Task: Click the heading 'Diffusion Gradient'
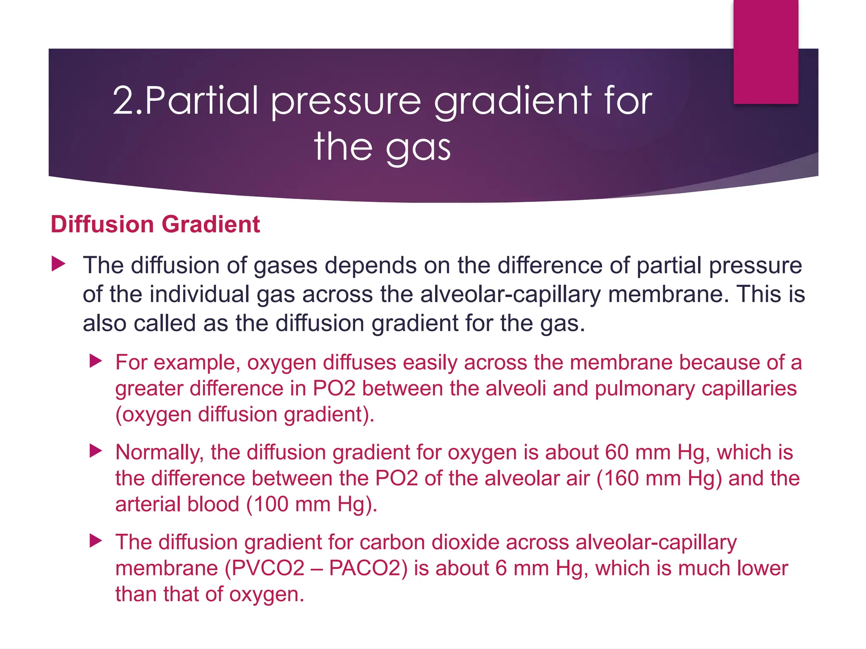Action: pyautogui.click(x=155, y=224)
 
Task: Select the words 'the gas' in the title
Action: pyautogui.click(x=382, y=146)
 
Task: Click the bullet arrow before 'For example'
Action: pyautogui.click(x=96, y=361)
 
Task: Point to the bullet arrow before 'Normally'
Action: pyautogui.click(x=96, y=451)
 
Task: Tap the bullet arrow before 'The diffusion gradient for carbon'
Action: pyautogui.click(x=96, y=541)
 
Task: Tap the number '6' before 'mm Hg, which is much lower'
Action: pyautogui.click(x=501, y=568)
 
